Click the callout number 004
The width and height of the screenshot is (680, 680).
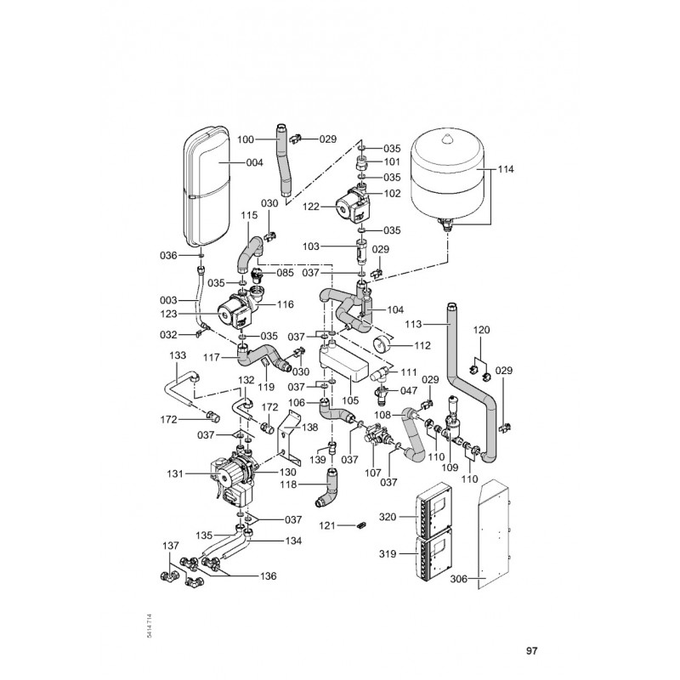[x=254, y=162]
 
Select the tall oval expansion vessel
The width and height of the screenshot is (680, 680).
[x=207, y=187]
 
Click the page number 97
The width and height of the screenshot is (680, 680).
[x=532, y=651]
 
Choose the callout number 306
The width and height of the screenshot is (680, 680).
[x=459, y=579]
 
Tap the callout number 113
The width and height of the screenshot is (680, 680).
[x=413, y=324]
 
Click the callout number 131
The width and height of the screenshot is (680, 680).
[x=175, y=474]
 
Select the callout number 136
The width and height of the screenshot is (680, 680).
[x=268, y=576]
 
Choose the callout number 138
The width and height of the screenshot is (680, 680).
[x=309, y=428]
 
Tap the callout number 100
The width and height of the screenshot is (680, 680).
[x=246, y=139]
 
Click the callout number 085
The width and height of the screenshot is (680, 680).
[x=285, y=273]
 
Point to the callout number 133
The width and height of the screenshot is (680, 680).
[x=178, y=355]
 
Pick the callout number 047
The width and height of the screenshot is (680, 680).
[x=409, y=390]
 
